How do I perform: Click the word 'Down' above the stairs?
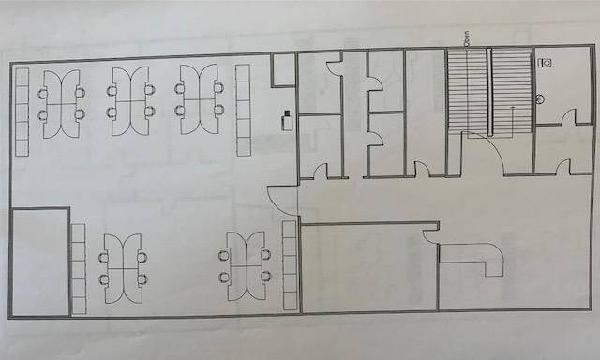coord(463,38)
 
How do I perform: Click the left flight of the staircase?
coord(467,91)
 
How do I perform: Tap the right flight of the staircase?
coord(512,91)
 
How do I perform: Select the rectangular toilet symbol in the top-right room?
coord(547,63)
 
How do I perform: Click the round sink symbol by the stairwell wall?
coord(540,97)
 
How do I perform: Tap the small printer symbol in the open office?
coord(286,119)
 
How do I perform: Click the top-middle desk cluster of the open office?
coord(129,100)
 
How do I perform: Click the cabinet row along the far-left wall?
coord(22,112)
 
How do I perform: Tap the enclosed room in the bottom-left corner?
coord(40,263)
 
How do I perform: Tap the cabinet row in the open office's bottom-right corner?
coord(289,266)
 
